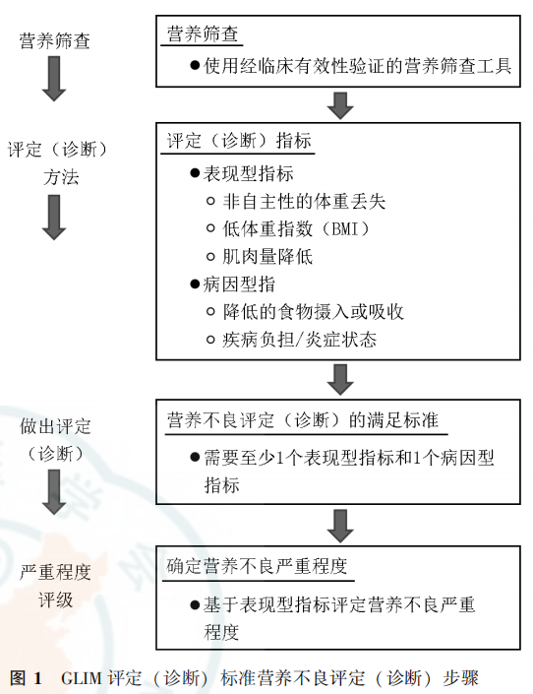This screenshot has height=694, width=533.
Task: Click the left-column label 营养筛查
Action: [x=55, y=41]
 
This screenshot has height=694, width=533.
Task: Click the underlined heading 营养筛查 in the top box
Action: [x=202, y=34]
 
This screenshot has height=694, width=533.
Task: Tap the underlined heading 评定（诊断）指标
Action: [x=238, y=142]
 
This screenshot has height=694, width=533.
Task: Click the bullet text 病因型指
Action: [x=239, y=284]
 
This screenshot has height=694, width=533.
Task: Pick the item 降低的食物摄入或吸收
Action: [x=314, y=312]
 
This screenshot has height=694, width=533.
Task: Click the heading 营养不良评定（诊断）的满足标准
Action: [x=302, y=420]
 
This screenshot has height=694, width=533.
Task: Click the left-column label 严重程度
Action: [x=55, y=572]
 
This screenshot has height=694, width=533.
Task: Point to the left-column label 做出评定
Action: [x=55, y=426]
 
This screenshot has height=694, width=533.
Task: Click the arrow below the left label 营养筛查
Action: [x=55, y=83]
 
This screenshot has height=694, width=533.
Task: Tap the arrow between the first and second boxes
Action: [x=340, y=105]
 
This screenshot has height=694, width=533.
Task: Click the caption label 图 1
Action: [x=27, y=679]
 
